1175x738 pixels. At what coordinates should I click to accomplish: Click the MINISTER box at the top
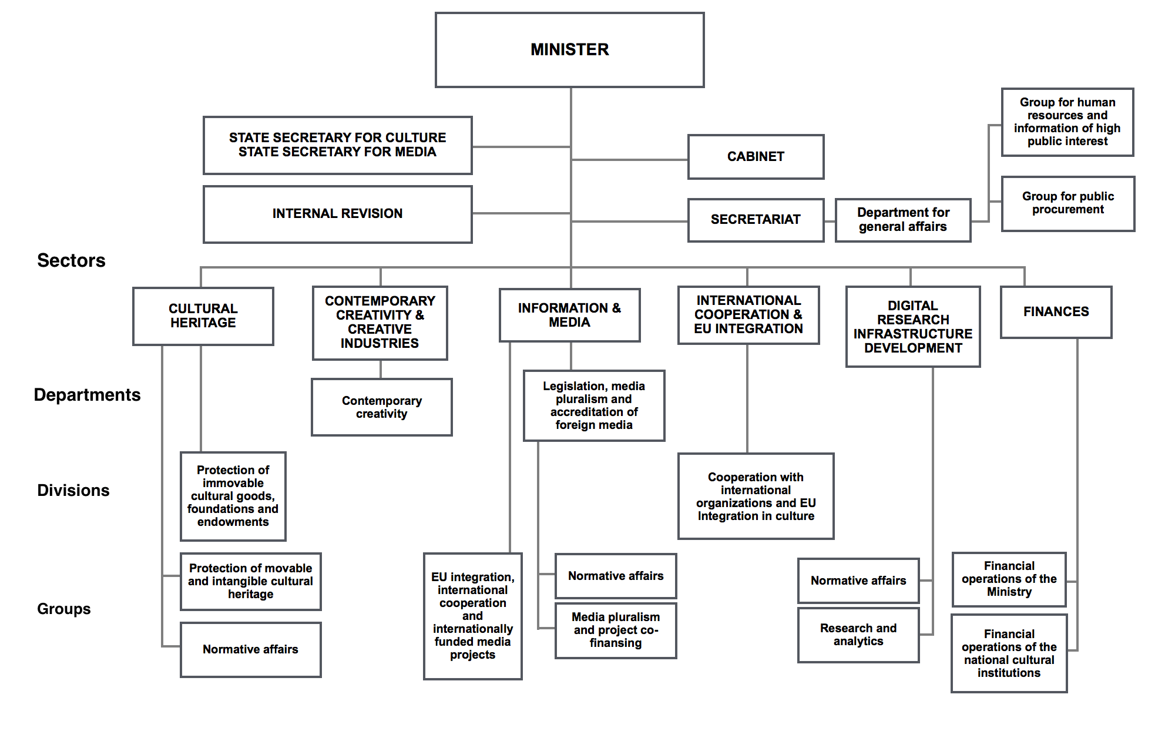pos(570,50)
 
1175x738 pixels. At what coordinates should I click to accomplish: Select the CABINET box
pos(756,157)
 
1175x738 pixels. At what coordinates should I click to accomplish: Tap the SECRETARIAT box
pos(756,220)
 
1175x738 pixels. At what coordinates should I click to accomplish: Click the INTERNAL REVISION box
pos(338,214)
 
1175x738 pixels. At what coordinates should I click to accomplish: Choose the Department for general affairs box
pos(903,220)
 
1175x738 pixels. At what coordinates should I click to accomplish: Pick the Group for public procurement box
pos(1068,203)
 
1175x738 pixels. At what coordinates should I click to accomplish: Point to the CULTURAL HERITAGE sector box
pos(203,316)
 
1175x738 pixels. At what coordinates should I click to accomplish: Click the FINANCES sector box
pos(1056,312)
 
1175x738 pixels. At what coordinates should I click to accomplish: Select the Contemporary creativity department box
pos(382,407)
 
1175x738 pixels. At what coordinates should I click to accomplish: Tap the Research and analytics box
pos(858,635)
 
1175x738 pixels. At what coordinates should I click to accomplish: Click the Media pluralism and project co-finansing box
pos(616,630)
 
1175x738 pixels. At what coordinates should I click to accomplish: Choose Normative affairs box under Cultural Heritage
pos(251,650)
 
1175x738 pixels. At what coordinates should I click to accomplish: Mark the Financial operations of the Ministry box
pos(1009,579)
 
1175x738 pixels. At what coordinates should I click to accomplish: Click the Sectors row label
pos(71,260)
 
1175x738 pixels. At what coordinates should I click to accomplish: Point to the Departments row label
pos(87,395)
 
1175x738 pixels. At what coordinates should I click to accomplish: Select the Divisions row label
pos(73,490)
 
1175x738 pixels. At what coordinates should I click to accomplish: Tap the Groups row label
pos(64,609)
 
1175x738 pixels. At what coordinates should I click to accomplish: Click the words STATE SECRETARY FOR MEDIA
pos(337,152)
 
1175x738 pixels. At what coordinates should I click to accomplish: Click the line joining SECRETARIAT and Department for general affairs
pos(830,222)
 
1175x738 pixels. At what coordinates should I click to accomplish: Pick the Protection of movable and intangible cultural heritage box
pos(251,582)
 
